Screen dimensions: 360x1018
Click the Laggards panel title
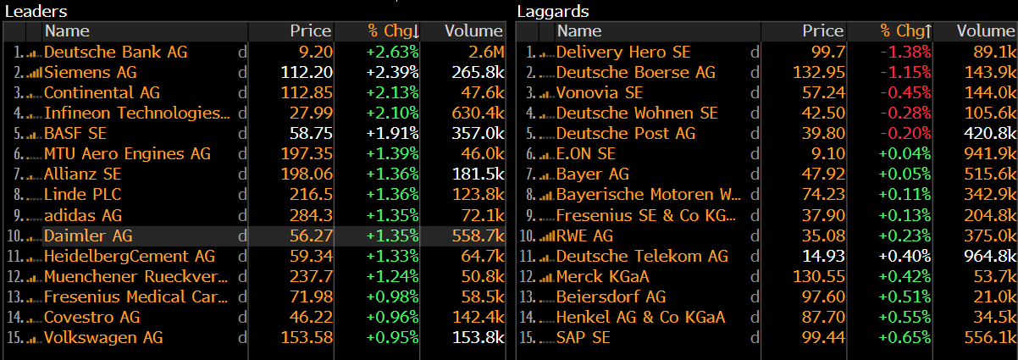[553, 11]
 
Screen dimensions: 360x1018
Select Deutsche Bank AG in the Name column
[115, 52]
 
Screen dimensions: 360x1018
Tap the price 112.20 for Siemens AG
[307, 72]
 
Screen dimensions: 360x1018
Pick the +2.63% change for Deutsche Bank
[392, 52]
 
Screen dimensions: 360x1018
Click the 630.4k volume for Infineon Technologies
[477, 113]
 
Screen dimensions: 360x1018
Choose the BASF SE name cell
[75, 133]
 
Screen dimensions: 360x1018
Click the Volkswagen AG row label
[103, 337]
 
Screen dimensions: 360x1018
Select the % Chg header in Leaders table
[392, 31]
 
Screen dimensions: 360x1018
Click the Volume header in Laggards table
[986, 31]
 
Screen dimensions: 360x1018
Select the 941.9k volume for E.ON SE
[989, 153]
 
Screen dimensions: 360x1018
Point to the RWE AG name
[584, 235]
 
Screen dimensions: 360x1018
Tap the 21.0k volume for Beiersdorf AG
[993, 296]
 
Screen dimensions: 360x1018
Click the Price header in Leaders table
[310, 31]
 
